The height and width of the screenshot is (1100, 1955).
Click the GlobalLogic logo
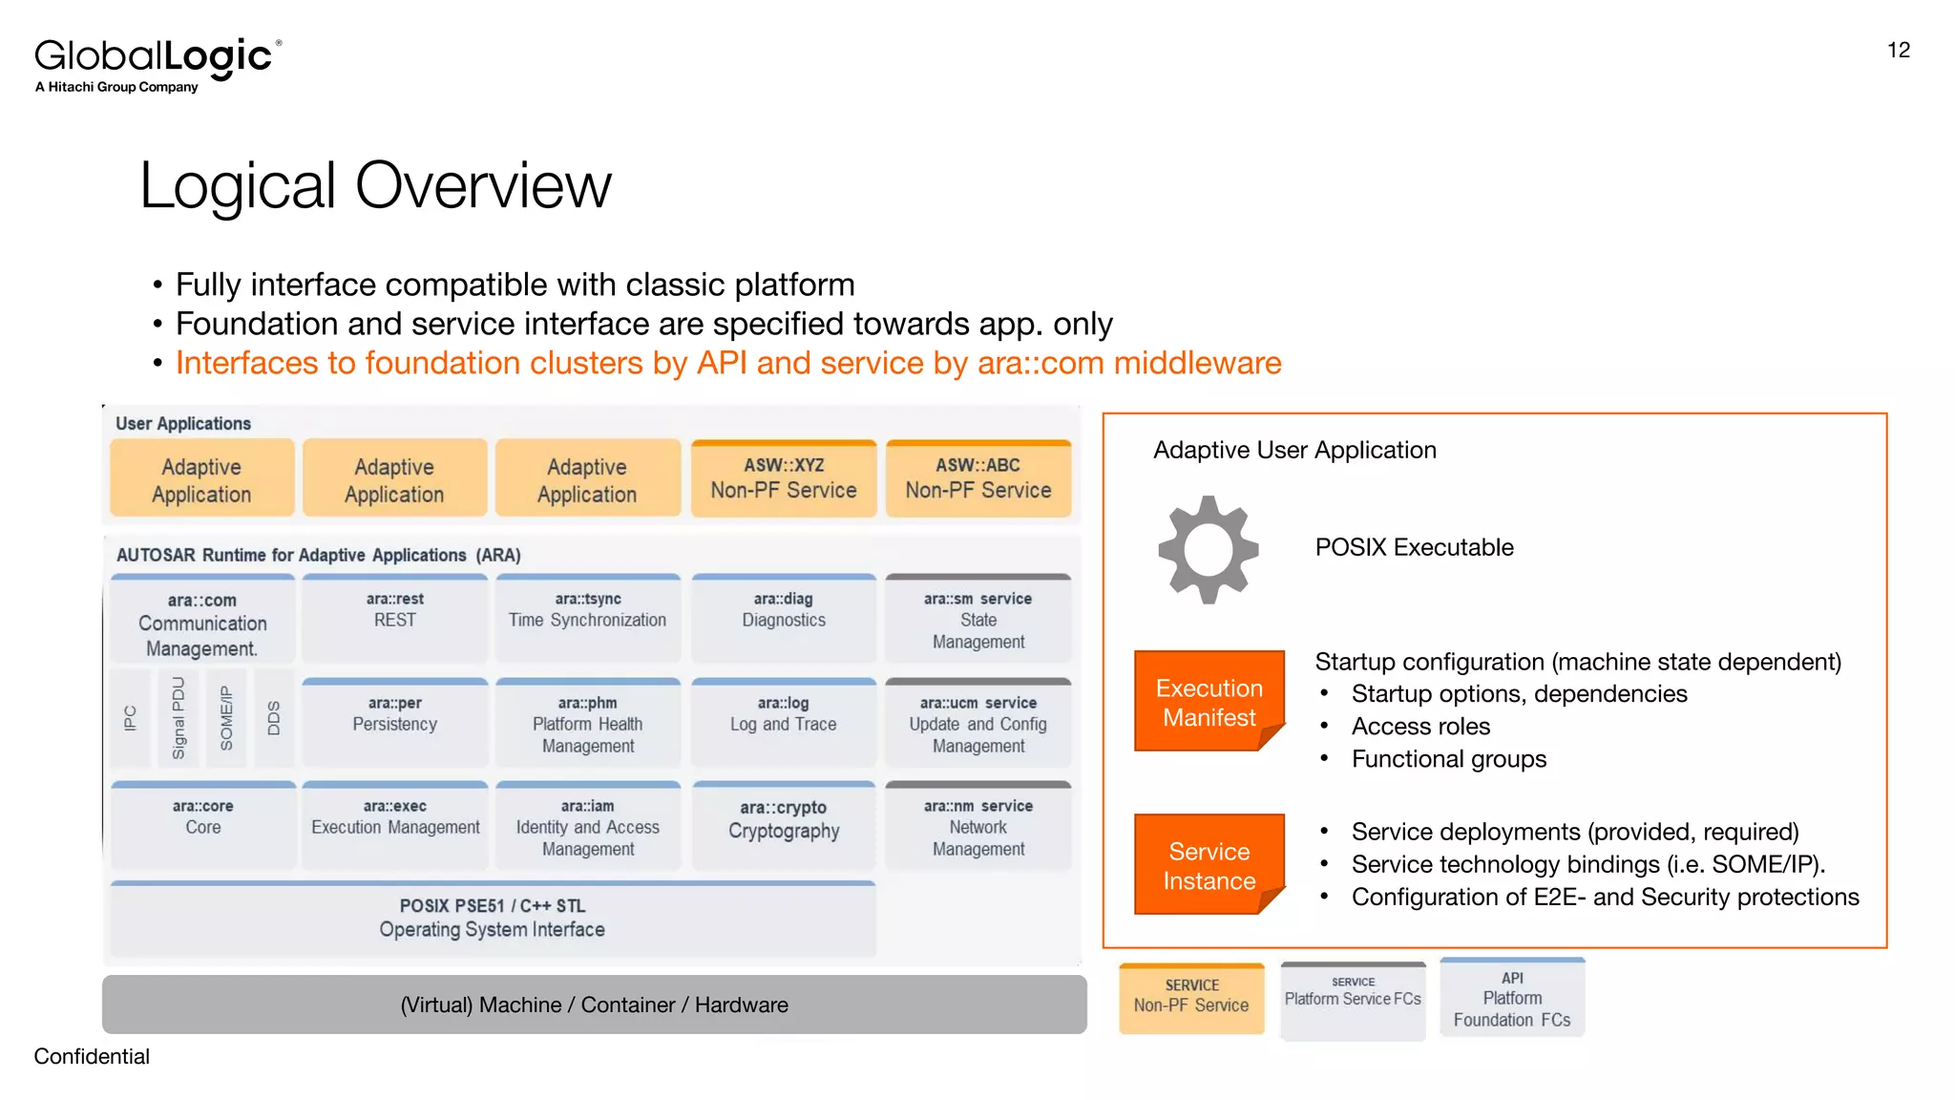coord(158,64)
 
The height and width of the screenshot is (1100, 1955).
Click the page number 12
coord(1898,51)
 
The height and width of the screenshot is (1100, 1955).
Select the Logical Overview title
coord(375,185)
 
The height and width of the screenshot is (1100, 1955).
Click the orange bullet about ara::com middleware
coord(727,363)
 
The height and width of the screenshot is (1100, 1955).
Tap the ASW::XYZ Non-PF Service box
coord(783,478)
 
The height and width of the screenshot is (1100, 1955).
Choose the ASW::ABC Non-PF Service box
coord(977,478)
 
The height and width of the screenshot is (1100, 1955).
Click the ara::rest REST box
coord(394,618)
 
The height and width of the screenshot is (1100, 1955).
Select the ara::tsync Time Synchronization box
coord(587,618)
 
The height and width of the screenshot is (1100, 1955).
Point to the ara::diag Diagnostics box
coord(783,618)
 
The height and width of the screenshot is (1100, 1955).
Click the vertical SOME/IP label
coord(226,718)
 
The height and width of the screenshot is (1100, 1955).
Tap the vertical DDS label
coord(274,718)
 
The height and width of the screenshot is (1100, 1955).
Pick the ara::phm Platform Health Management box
coord(587,724)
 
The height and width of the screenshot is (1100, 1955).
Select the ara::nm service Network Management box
coord(977,827)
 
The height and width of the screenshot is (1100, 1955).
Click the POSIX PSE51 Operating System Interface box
coord(492,919)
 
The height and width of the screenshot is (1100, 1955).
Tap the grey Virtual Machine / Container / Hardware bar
coord(594,1005)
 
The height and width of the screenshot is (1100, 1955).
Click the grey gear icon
coord(1208,549)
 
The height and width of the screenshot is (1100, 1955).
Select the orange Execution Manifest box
coord(1209,702)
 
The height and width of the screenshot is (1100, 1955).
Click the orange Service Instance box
coord(1209,865)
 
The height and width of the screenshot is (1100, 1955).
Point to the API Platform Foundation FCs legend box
coord(1511,999)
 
